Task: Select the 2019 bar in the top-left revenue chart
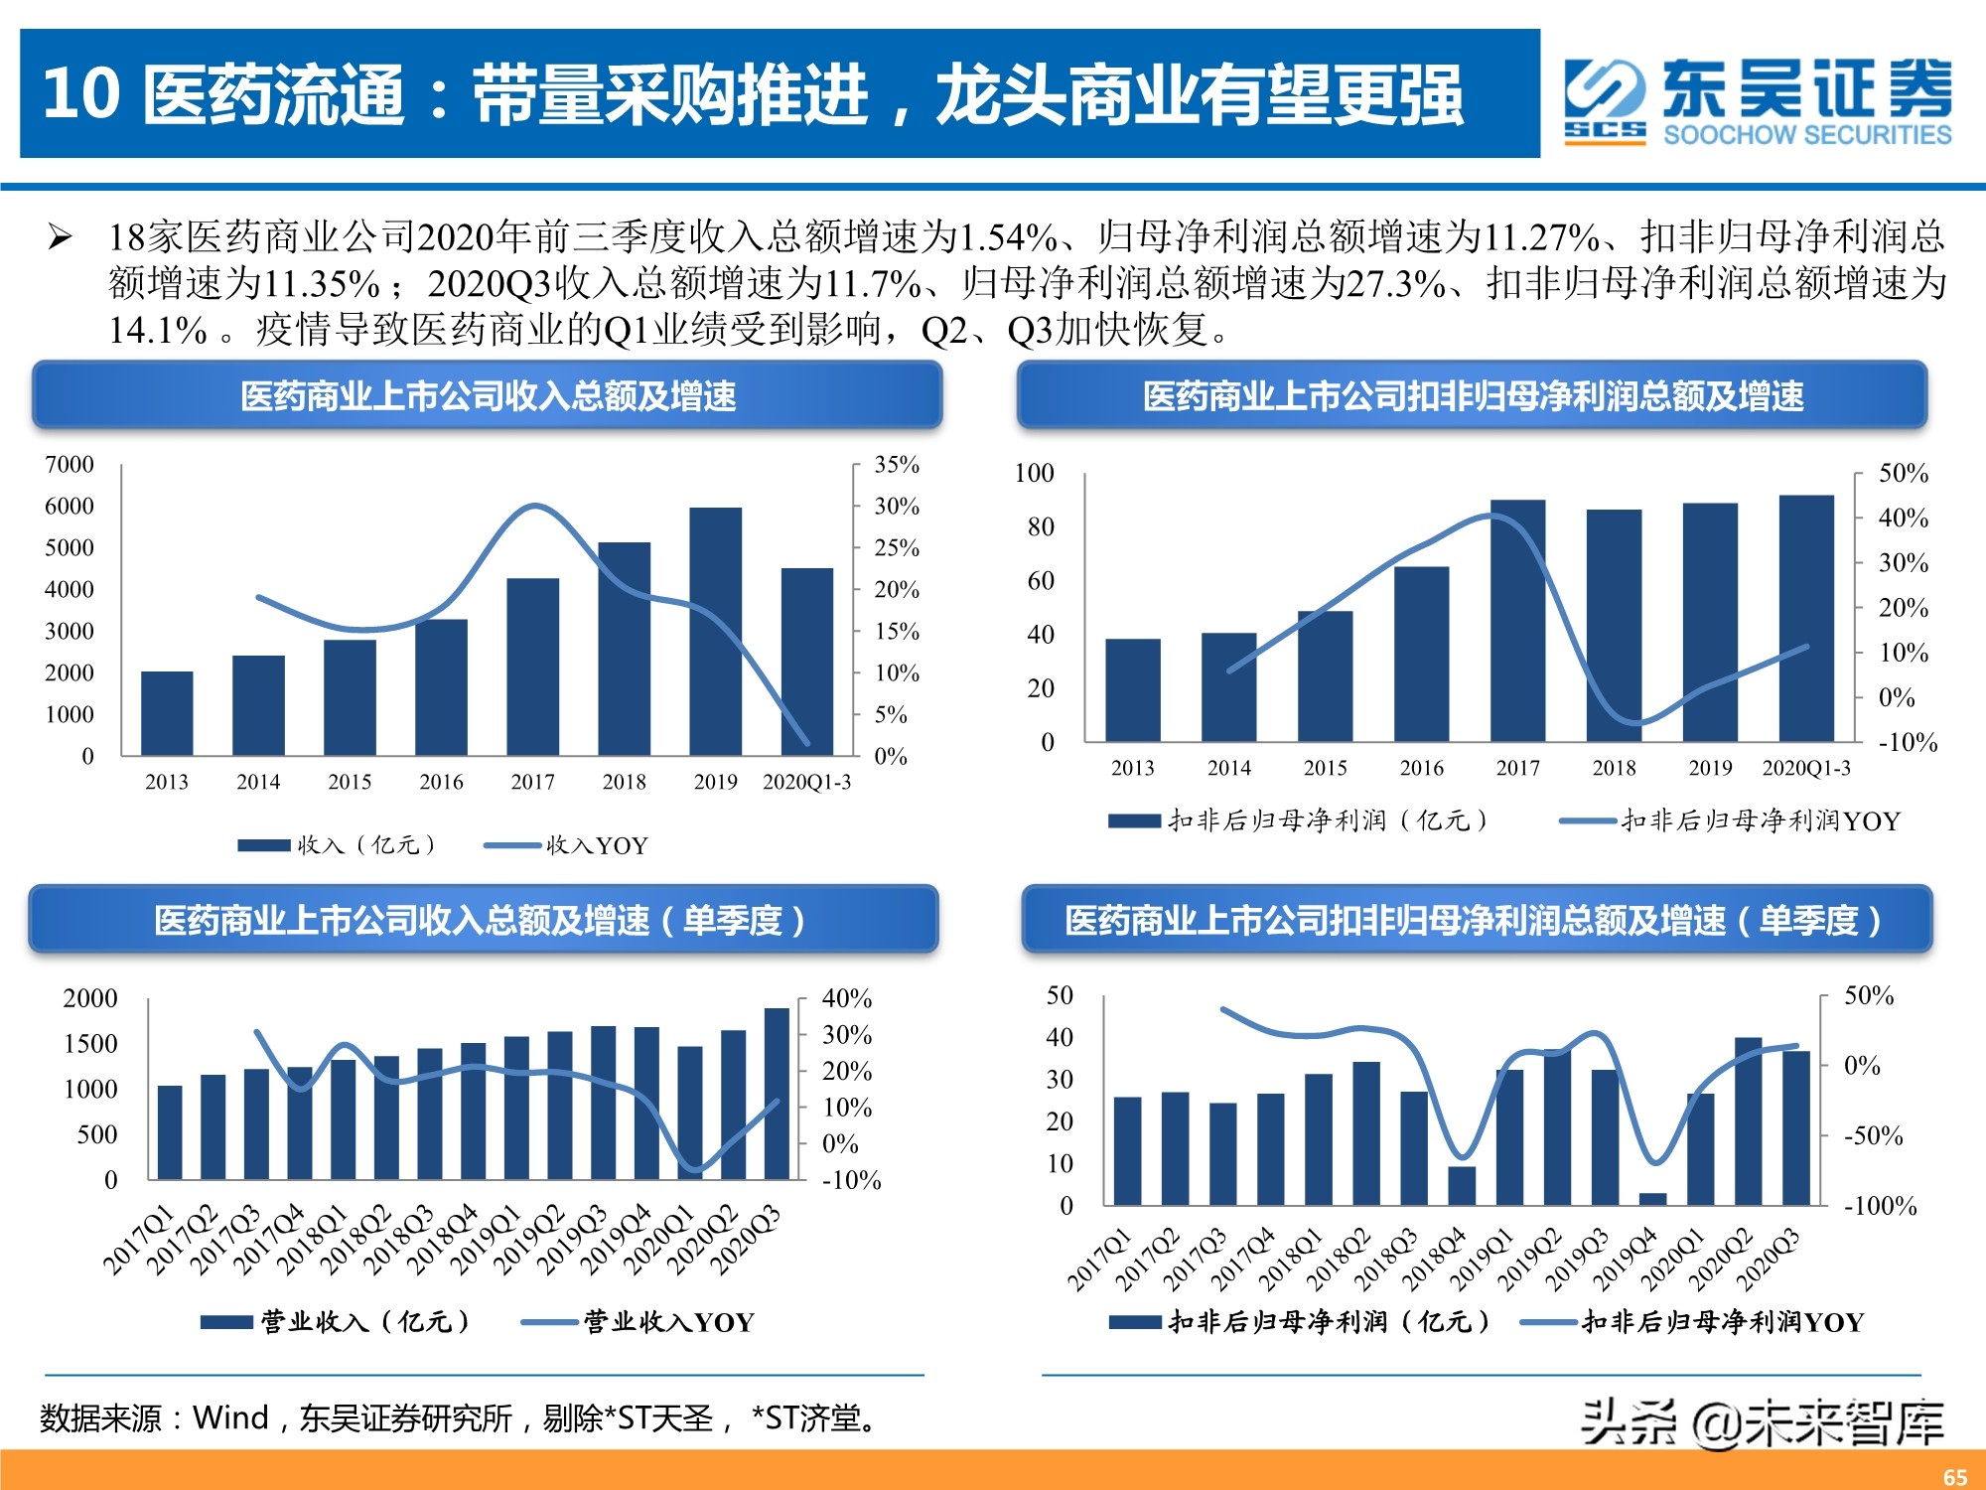tap(715, 632)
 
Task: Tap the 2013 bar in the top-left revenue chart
tap(167, 713)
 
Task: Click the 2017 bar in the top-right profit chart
tap(1517, 621)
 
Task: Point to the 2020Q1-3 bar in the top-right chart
tap(1805, 618)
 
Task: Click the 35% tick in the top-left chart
tap(896, 465)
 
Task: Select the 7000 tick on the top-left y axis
tap(70, 465)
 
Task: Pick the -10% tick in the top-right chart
tap(1907, 742)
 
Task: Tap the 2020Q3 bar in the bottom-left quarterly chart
tap(777, 1093)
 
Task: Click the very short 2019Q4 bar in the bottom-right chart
tap(1652, 1199)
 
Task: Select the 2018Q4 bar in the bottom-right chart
tap(1462, 1185)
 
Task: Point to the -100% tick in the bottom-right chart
tap(1879, 1206)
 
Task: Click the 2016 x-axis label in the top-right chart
tap(1421, 768)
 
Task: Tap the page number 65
tap(1954, 1476)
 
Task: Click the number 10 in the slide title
tap(81, 94)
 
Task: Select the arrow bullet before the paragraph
tap(60, 237)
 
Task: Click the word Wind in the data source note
tap(230, 1417)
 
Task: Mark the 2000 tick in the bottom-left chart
tap(89, 998)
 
